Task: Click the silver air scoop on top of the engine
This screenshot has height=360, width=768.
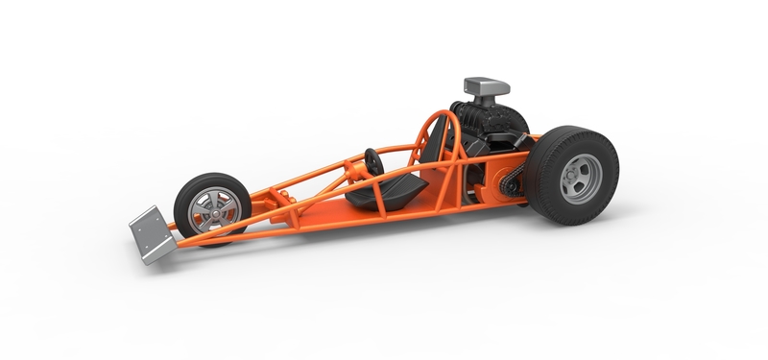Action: [x=486, y=87]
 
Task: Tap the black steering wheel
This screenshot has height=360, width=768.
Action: [x=373, y=160]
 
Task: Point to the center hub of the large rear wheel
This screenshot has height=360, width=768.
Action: [x=579, y=176]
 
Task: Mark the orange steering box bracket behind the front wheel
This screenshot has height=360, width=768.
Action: [x=279, y=201]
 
